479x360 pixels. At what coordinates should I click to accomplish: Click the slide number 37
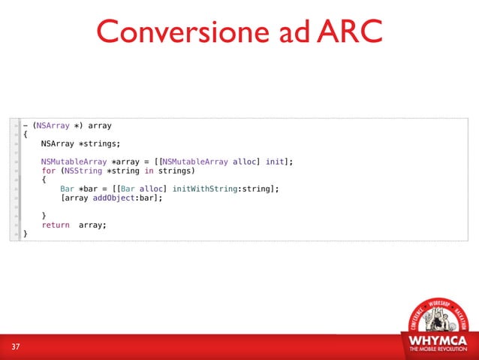(16, 346)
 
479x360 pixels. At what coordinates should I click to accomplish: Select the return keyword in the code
(56, 225)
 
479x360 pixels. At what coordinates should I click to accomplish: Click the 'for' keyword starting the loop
(49, 171)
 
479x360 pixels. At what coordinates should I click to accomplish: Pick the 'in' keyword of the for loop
(149, 171)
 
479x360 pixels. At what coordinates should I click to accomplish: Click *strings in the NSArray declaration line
(100, 144)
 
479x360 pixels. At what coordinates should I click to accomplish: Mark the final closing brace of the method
(26, 234)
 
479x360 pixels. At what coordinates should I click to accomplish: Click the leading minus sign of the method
(26, 126)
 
